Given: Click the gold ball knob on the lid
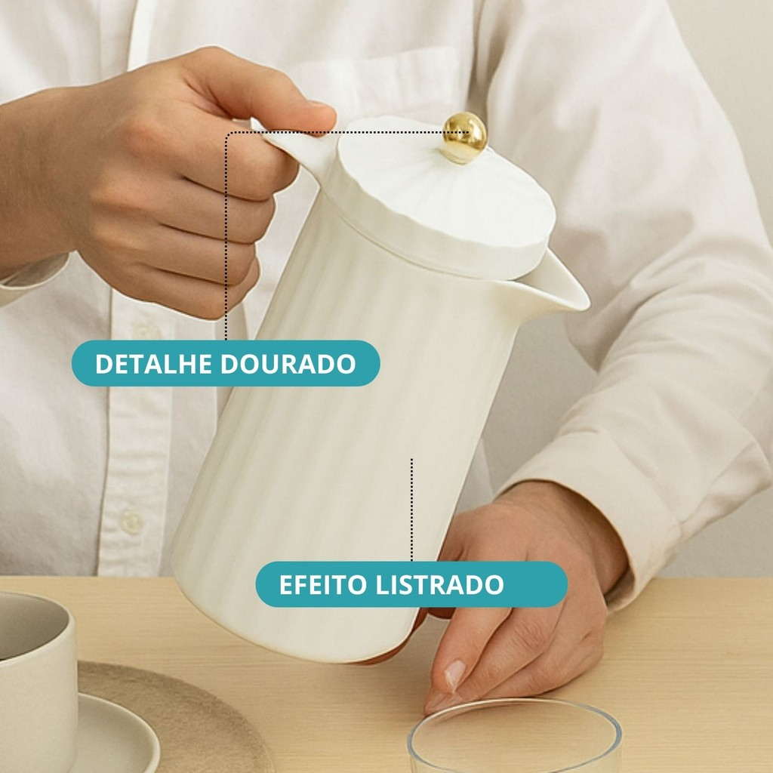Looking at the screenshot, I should [463, 137].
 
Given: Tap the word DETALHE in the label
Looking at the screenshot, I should [154, 364].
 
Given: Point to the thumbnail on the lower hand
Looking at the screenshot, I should [454, 673].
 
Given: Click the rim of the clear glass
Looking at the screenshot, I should [515, 706].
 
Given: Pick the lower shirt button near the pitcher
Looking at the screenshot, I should [131, 521].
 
